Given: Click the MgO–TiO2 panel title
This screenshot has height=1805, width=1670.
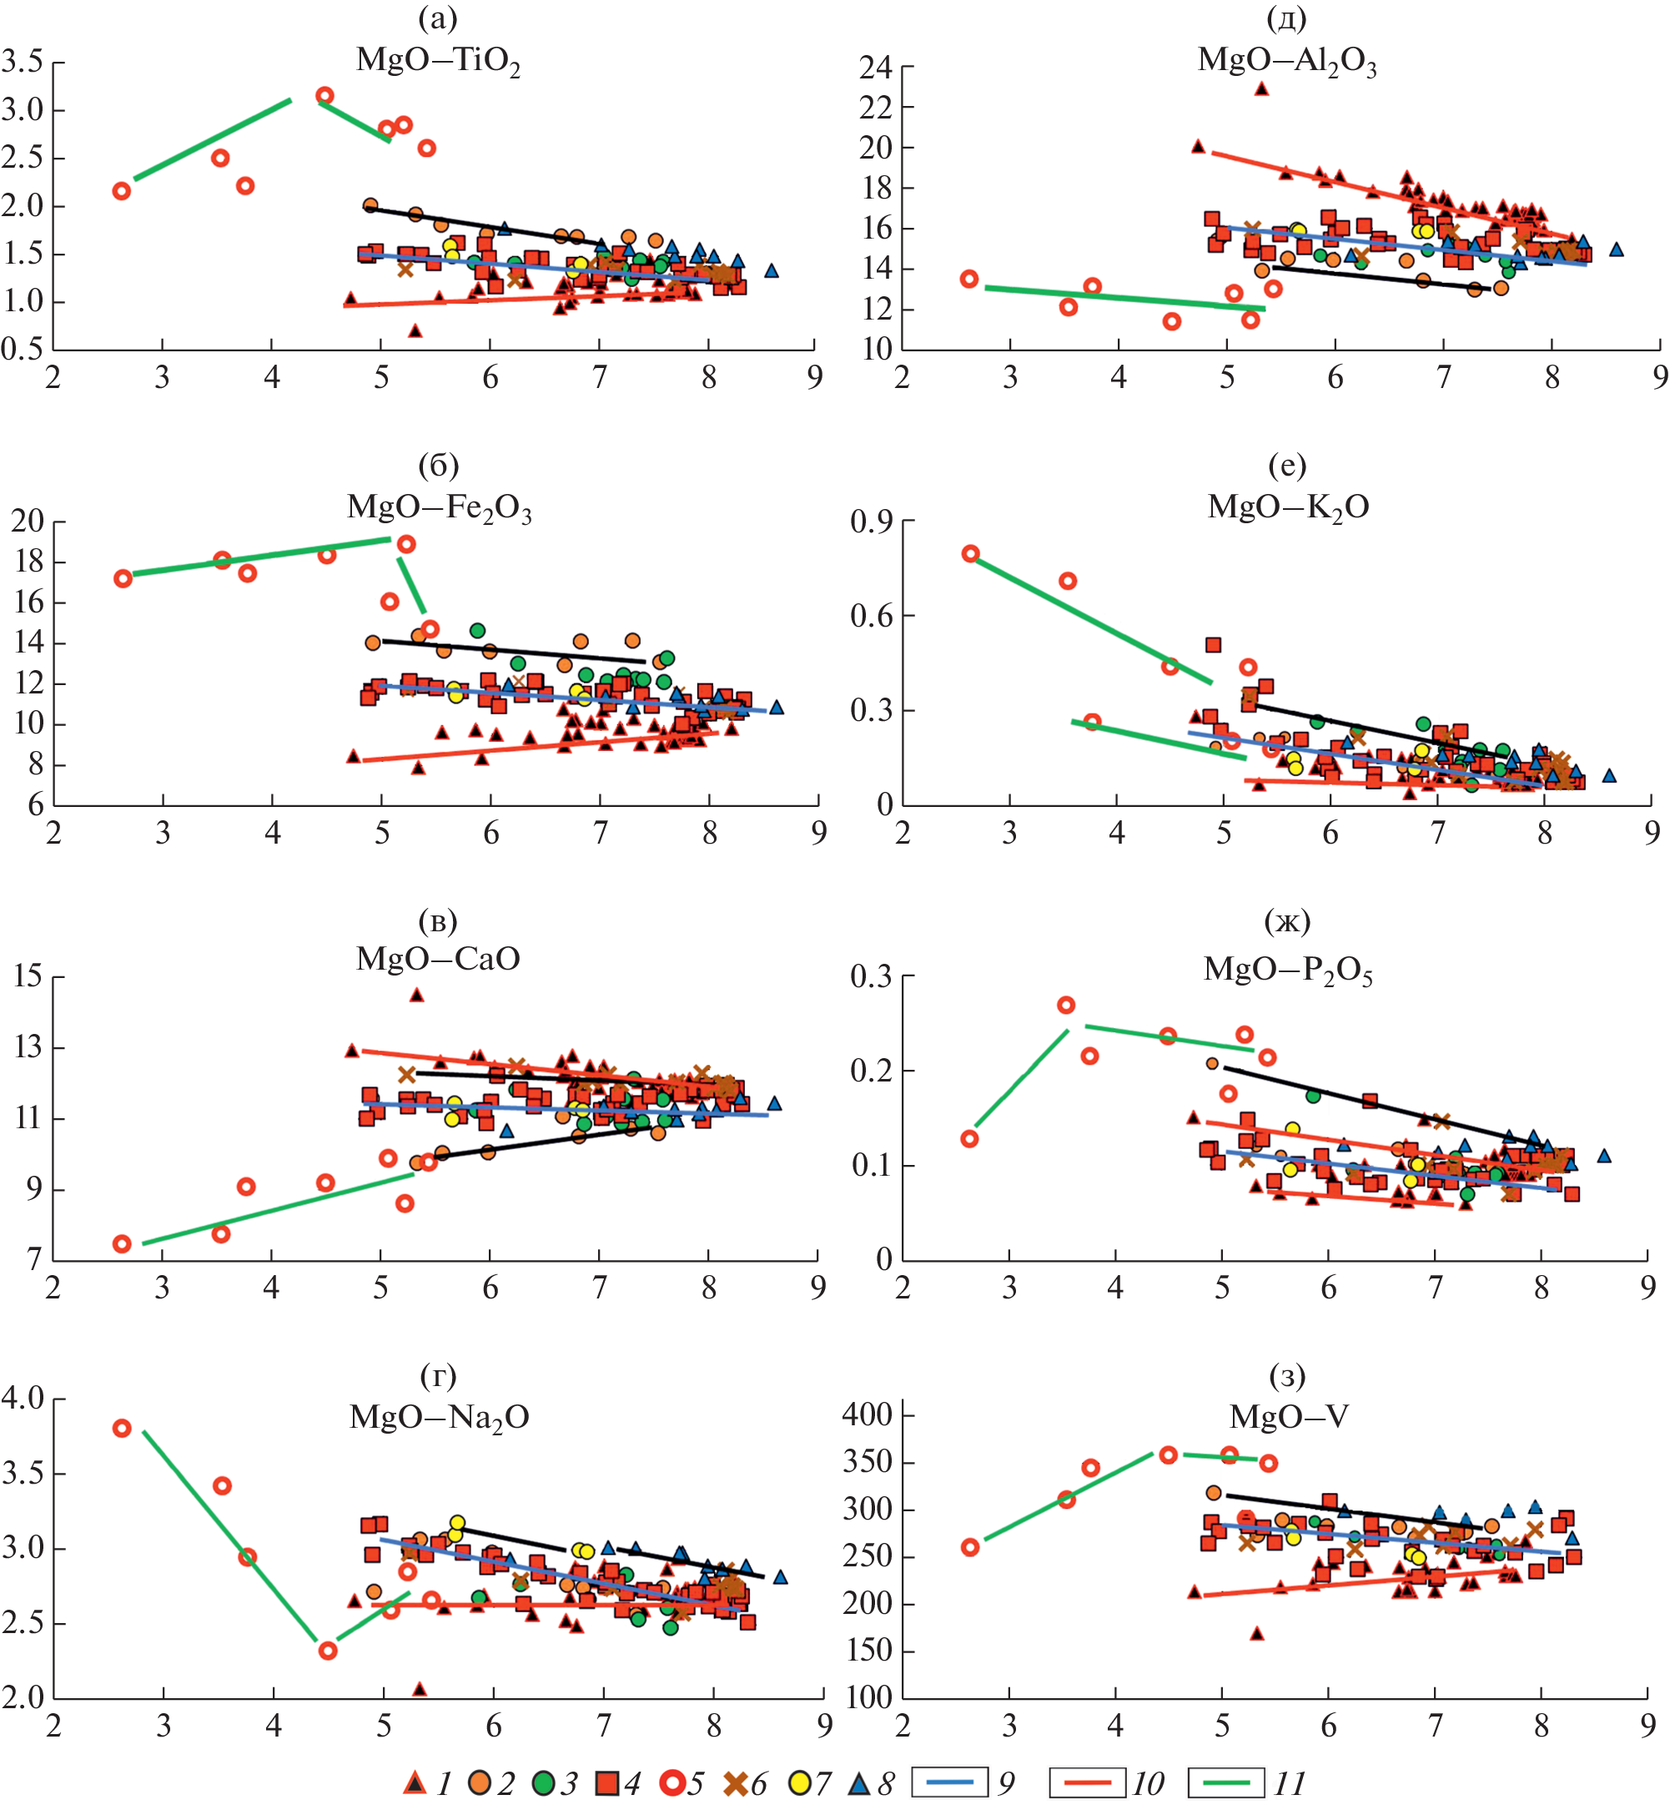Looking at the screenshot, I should coord(438,61).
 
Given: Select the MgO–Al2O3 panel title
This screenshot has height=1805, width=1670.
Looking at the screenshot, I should coord(1287,61).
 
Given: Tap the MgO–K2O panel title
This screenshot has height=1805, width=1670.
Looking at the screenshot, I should coord(1288,507).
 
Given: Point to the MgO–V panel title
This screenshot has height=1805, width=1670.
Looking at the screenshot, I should coord(1289,1414).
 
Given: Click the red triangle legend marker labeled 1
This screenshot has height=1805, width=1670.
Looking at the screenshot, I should coord(414,1782).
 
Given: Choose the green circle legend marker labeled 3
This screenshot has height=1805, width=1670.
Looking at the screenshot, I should coord(543,1782).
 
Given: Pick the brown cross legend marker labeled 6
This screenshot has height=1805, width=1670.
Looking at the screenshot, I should coord(737,1782).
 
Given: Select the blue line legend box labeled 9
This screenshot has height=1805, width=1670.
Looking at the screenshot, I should coord(949,1782).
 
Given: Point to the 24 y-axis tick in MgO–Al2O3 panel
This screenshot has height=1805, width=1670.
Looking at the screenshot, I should coord(876,67).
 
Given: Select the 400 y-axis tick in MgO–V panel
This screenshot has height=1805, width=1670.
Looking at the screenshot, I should coord(868,1414).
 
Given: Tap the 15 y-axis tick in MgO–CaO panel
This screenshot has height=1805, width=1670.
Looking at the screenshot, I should coord(27,976).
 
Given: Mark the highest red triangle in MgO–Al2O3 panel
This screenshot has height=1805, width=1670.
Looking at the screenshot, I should coord(1261,88).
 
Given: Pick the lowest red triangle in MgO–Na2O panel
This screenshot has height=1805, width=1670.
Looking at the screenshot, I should coord(420,1688).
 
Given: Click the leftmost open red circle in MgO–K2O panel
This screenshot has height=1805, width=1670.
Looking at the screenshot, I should coord(971,554).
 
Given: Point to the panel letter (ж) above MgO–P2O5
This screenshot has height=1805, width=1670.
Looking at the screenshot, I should coord(1287,921).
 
